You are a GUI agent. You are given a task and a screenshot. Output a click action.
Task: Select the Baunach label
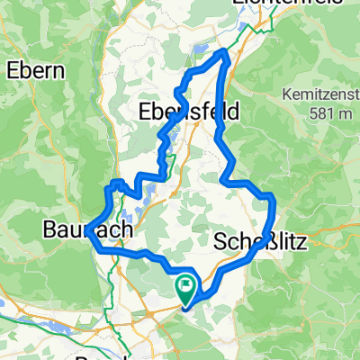(x=87, y=230)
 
